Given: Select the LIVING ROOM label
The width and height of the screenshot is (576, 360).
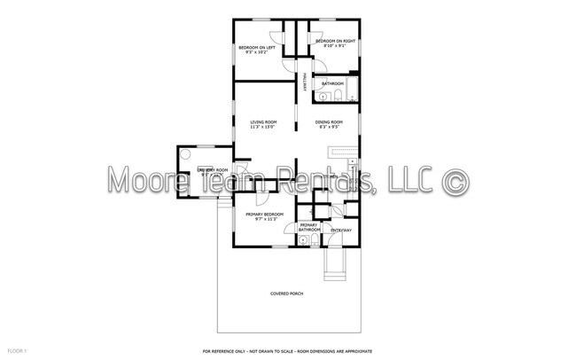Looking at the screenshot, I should point(263,122).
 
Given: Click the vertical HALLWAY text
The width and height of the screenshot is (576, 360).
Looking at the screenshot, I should point(305,82).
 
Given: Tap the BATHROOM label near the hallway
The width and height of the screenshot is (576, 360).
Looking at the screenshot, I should point(333,82).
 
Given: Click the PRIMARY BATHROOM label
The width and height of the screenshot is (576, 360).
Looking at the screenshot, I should point(308,227).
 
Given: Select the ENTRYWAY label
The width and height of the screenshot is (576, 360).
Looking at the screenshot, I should point(340,231).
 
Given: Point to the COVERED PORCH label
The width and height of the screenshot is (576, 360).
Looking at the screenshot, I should point(287,293).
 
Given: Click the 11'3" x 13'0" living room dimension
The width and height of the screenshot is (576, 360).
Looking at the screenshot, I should point(263,128).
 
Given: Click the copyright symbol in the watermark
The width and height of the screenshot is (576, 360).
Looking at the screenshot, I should point(455,180).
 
